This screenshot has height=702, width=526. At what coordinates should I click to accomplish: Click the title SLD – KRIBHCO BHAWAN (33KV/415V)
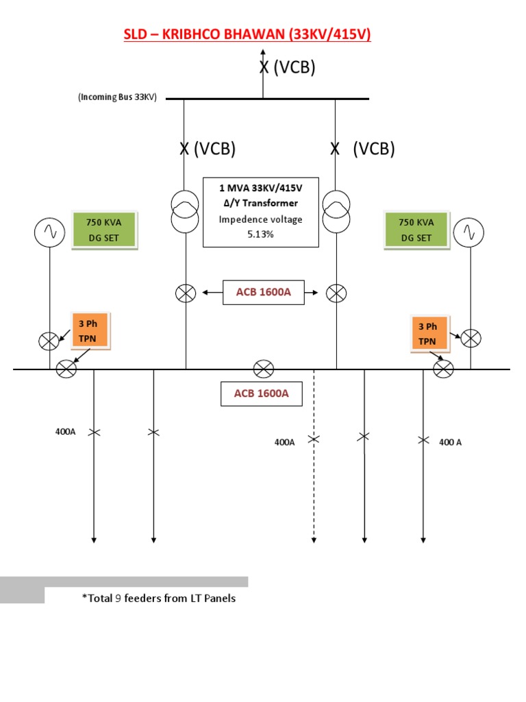click(x=247, y=34)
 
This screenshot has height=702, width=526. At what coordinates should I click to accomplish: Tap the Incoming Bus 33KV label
click(x=117, y=97)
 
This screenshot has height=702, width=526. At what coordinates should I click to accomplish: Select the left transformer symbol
click(x=185, y=212)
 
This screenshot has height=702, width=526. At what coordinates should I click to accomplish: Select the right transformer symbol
click(x=336, y=212)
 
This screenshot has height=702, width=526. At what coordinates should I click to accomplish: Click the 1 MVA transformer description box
click(x=261, y=212)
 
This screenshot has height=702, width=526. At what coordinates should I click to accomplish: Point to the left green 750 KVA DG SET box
click(x=105, y=230)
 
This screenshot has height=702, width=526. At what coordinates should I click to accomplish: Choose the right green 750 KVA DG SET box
click(x=416, y=230)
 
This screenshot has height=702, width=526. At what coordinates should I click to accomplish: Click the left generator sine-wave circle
click(x=49, y=232)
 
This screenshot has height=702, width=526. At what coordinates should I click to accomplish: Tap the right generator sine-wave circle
click(x=470, y=232)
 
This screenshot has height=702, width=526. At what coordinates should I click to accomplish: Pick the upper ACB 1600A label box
click(x=264, y=293)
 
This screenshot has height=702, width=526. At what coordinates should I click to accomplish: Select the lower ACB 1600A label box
click(x=261, y=394)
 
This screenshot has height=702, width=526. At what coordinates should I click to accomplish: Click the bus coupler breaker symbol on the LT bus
click(x=264, y=370)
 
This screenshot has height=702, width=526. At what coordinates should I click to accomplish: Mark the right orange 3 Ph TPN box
click(x=427, y=333)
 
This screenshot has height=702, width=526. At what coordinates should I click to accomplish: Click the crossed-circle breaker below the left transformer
click(x=185, y=293)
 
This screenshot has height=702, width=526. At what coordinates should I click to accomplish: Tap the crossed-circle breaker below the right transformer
click(x=336, y=293)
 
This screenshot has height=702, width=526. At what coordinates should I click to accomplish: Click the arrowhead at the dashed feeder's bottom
click(x=314, y=540)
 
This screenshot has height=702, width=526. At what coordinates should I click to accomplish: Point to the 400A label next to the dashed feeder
click(x=284, y=443)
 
